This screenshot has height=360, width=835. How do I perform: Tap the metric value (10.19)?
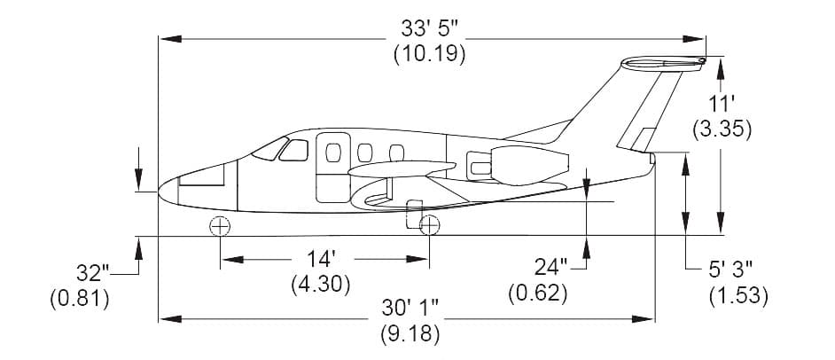[x=430, y=54]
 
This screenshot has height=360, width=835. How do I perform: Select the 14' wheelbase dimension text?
[x=321, y=259]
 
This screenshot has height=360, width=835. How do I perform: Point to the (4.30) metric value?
[x=321, y=286]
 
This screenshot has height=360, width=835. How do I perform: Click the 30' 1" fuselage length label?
[x=410, y=309]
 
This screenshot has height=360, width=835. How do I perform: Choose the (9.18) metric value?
[x=410, y=334]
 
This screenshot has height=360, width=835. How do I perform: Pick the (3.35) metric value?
[x=722, y=129]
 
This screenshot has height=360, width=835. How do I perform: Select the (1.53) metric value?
[x=738, y=296]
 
